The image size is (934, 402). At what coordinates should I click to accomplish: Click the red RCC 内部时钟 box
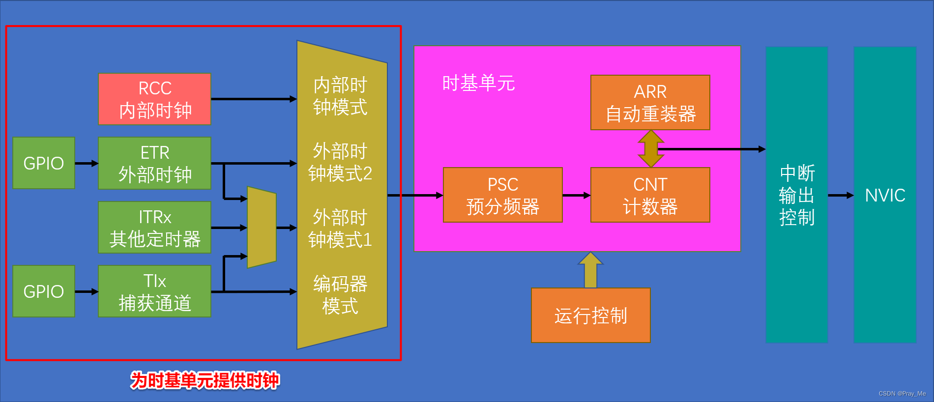[154, 99]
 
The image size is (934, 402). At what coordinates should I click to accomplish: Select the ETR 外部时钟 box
[154, 163]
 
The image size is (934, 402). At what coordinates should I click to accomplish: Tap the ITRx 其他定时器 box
[154, 228]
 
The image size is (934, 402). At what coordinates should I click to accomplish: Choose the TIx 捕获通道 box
[154, 291]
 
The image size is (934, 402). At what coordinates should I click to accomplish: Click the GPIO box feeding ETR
[44, 163]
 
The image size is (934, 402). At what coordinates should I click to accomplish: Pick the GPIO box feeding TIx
[44, 291]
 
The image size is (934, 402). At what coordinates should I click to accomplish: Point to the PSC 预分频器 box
[502, 195]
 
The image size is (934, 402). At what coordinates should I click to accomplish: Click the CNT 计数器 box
[650, 195]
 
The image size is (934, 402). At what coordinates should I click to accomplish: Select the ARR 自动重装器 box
[650, 103]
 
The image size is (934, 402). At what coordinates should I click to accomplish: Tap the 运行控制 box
[590, 316]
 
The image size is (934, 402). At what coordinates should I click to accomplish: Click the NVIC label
[885, 195]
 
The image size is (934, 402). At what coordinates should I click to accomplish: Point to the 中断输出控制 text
[797, 195]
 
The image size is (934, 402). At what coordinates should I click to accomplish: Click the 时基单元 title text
[478, 83]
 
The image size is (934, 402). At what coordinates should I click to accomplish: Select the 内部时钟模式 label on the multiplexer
[340, 96]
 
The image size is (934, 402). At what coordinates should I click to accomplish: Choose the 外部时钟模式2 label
[340, 162]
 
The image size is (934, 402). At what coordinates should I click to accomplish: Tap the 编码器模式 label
[340, 295]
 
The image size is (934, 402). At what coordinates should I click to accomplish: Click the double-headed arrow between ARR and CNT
[650, 148]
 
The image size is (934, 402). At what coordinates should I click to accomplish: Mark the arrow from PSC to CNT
[576, 196]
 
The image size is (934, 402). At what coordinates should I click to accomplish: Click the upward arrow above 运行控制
[590, 270]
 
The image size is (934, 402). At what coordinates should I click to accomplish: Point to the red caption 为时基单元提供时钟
[204, 380]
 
